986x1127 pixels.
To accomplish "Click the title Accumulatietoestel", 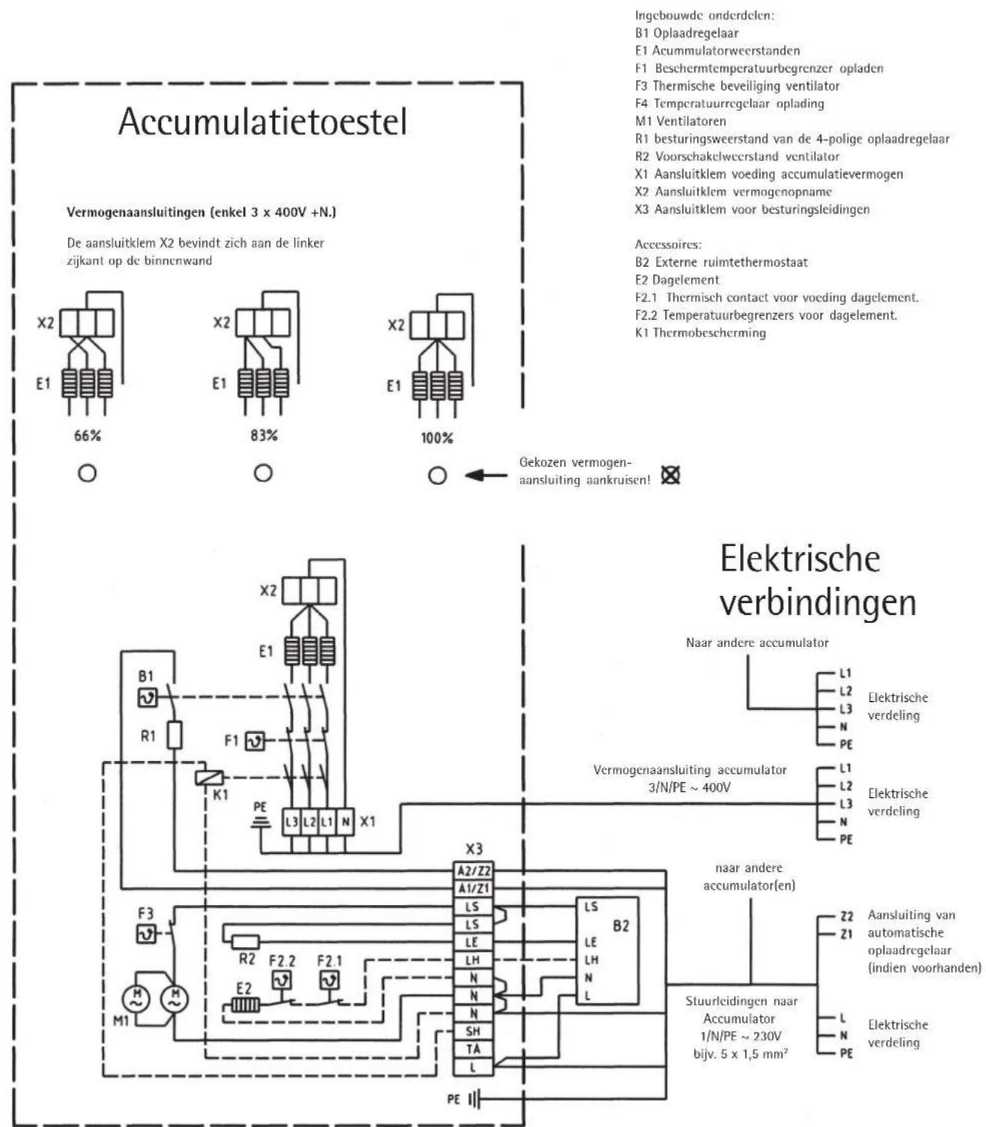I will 262,121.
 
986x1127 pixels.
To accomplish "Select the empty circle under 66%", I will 88,474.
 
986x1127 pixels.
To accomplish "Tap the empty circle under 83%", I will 262,474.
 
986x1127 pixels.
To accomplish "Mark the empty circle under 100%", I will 438,475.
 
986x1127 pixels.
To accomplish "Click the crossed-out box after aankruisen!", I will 670,475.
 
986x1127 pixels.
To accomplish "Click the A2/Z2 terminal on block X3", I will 474,871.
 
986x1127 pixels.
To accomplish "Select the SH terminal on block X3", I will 474,1032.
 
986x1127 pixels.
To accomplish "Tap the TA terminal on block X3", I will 474,1049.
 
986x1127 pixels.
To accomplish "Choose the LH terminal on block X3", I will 474,961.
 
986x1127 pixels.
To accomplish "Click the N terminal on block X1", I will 344,822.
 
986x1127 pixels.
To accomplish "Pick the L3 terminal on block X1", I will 292,822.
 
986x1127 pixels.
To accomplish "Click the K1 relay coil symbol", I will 205,778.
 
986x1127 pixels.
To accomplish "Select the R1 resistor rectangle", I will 174,736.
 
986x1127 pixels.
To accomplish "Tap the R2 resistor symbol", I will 246,942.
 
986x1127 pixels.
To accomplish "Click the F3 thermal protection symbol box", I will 145,934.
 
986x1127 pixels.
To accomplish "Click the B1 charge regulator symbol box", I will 146,698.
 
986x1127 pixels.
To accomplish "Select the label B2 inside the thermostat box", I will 620,927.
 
